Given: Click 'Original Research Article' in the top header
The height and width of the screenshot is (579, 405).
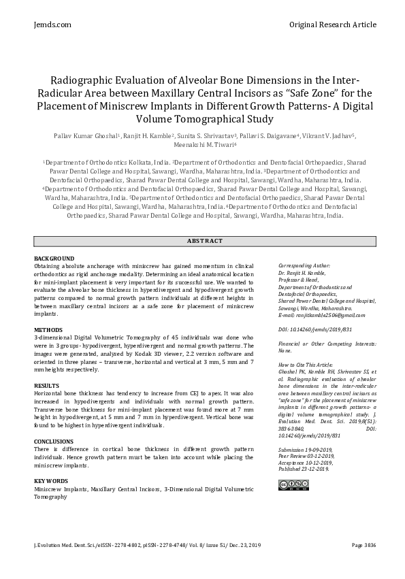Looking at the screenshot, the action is tap(332, 24).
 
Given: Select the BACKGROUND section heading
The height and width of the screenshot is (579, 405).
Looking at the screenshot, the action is tap(54, 259).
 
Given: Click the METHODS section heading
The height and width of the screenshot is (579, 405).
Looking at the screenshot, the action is tap(48, 329).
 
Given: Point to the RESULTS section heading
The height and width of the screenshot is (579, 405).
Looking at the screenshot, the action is tap(47, 386).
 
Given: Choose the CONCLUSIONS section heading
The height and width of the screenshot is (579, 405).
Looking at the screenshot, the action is tap(54, 442).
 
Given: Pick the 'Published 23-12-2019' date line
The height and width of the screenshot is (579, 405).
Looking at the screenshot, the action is tap(304, 469).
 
